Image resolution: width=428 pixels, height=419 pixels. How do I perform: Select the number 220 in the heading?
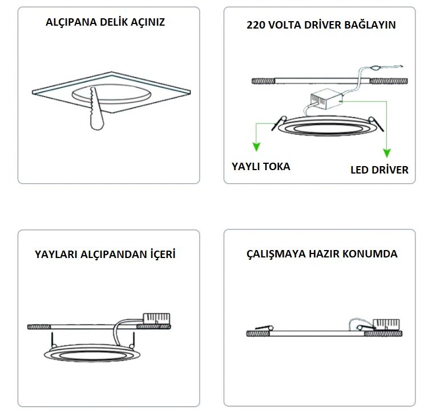[257, 25]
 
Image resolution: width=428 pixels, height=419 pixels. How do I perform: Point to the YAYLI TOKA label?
[260, 167]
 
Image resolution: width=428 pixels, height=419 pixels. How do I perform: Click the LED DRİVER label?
[379, 170]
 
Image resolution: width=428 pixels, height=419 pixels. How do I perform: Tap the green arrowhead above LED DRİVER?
[387, 152]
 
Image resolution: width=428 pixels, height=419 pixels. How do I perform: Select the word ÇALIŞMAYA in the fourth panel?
[272, 253]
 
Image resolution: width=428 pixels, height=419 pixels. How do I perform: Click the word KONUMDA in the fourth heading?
[374, 253]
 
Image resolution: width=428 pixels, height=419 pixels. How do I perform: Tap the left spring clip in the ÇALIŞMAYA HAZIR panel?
[260, 331]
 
